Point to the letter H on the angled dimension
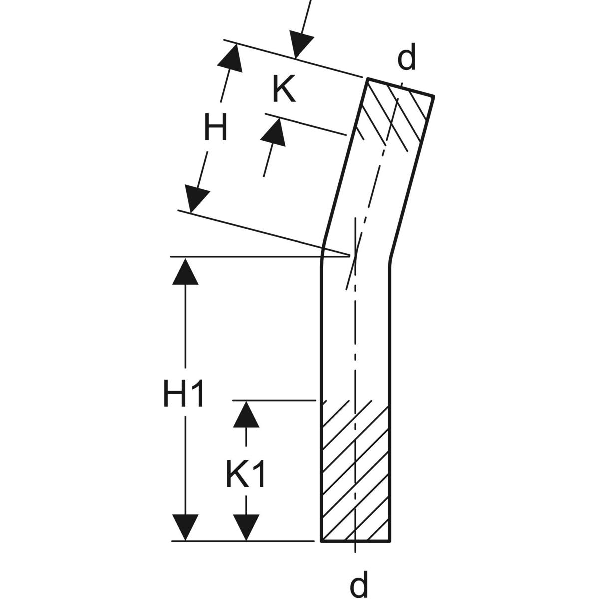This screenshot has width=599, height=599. (216, 128)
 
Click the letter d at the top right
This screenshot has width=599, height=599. (406, 59)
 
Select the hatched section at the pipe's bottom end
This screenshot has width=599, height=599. (355, 474)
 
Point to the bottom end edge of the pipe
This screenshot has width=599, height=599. (355, 541)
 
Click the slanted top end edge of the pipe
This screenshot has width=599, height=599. (401, 87)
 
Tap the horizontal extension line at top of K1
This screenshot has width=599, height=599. (275, 400)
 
